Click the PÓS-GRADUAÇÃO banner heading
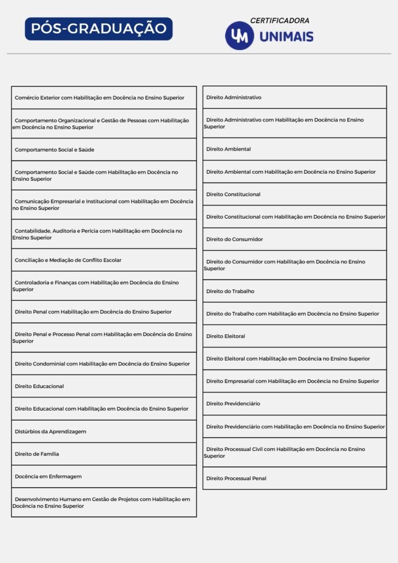point(99,29)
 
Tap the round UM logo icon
point(239,36)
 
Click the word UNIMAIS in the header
point(286,37)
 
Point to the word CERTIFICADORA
point(279,20)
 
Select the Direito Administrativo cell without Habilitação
point(294,97)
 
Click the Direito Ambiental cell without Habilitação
point(294,149)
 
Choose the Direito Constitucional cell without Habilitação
point(294,194)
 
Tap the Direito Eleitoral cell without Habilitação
point(294,336)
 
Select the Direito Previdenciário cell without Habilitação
point(294,404)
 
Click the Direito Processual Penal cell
point(294,478)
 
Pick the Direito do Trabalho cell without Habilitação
point(294,291)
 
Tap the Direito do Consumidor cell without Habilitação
point(294,239)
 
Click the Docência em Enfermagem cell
point(104,476)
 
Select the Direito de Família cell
point(104,454)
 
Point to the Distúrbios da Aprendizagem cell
point(104,432)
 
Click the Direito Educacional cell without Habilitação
point(104,386)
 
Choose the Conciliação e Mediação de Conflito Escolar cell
point(104,260)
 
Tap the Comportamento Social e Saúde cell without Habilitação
point(104,150)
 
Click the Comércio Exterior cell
point(104,98)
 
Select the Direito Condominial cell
point(104,363)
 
